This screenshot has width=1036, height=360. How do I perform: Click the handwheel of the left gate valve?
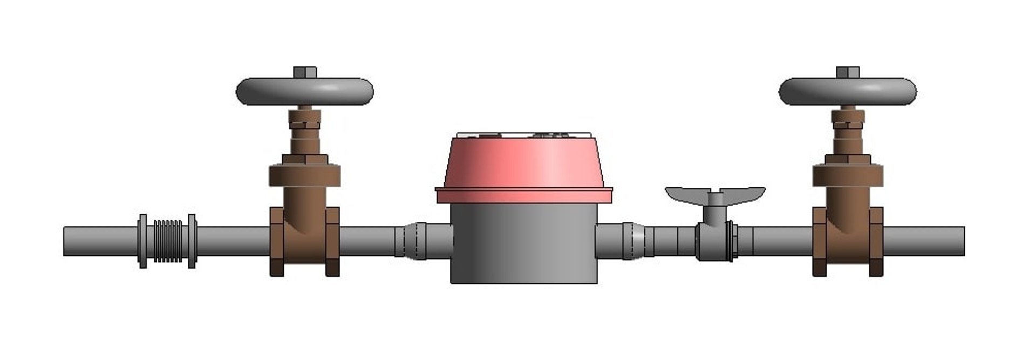[305, 92]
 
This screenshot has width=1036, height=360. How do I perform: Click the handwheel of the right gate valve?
[848, 92]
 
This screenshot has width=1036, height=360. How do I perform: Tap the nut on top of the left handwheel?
[305, 72]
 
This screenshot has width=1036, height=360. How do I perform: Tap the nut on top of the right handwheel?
[848, 72]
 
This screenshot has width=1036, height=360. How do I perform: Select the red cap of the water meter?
[523, 165]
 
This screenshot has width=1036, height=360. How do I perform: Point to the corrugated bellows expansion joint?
[168, 241]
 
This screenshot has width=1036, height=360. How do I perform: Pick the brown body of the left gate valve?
[304, 237]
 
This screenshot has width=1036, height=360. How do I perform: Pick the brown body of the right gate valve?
[847, 237]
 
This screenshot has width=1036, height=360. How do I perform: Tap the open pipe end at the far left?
[66, 241]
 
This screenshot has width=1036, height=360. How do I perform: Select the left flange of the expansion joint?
[142, 241]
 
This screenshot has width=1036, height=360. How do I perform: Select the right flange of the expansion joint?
[192, 241]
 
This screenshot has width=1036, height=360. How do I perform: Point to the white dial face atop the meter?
[523, 134]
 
